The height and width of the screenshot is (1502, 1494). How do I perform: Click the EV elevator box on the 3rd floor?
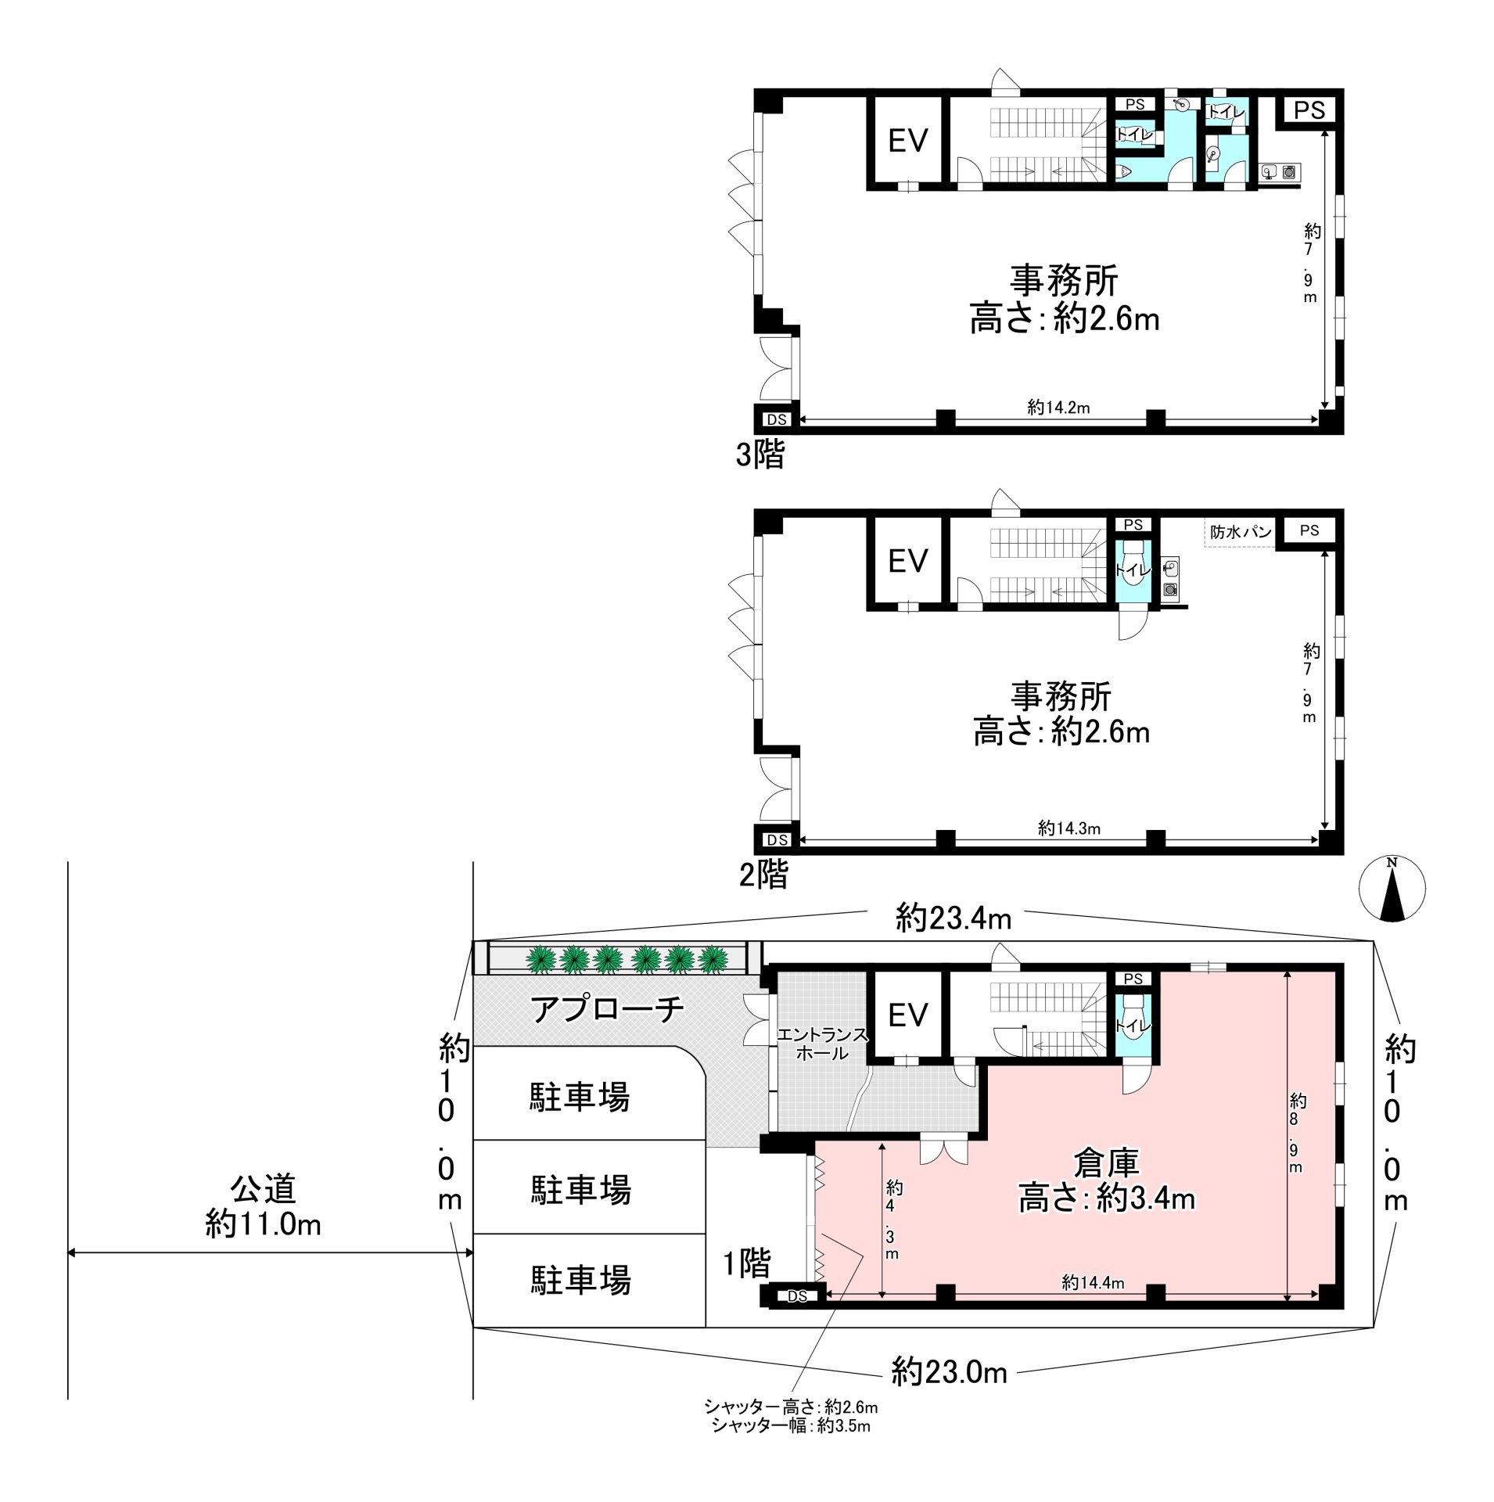[x=907, y=141]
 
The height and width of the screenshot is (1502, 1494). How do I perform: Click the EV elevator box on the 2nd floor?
[x=907, y=560]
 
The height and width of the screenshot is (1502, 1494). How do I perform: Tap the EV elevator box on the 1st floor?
[x=907, y=1015]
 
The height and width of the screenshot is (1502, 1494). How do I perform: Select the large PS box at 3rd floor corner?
[x=1309, y=110]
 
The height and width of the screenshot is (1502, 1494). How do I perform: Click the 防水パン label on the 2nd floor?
[x=1240, y=532]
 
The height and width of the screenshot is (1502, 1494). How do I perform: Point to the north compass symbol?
[x=1392, y=889]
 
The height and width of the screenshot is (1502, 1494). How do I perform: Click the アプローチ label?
[x=607, y=1008]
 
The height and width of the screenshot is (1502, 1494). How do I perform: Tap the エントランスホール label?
[x=822, y=1044]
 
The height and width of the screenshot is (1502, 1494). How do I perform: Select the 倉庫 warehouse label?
[x=1106, y=1163]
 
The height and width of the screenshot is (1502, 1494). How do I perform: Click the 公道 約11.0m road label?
[x=263, y=1206]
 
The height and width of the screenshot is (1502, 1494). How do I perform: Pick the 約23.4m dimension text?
[x=953, y=918]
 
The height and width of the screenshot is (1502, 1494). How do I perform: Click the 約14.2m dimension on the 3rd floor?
[x=1058, y=408]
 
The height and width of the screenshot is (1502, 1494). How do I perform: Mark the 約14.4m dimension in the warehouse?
[x=1093, y=1282]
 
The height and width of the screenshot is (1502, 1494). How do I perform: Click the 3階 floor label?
[x=760, y=455]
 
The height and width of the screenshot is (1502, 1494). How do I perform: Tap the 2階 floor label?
[x=763, y=875]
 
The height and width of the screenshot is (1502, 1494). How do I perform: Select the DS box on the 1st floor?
[x=796, y=1296]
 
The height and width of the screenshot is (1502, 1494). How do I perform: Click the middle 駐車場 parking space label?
[x=580, y=1190]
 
